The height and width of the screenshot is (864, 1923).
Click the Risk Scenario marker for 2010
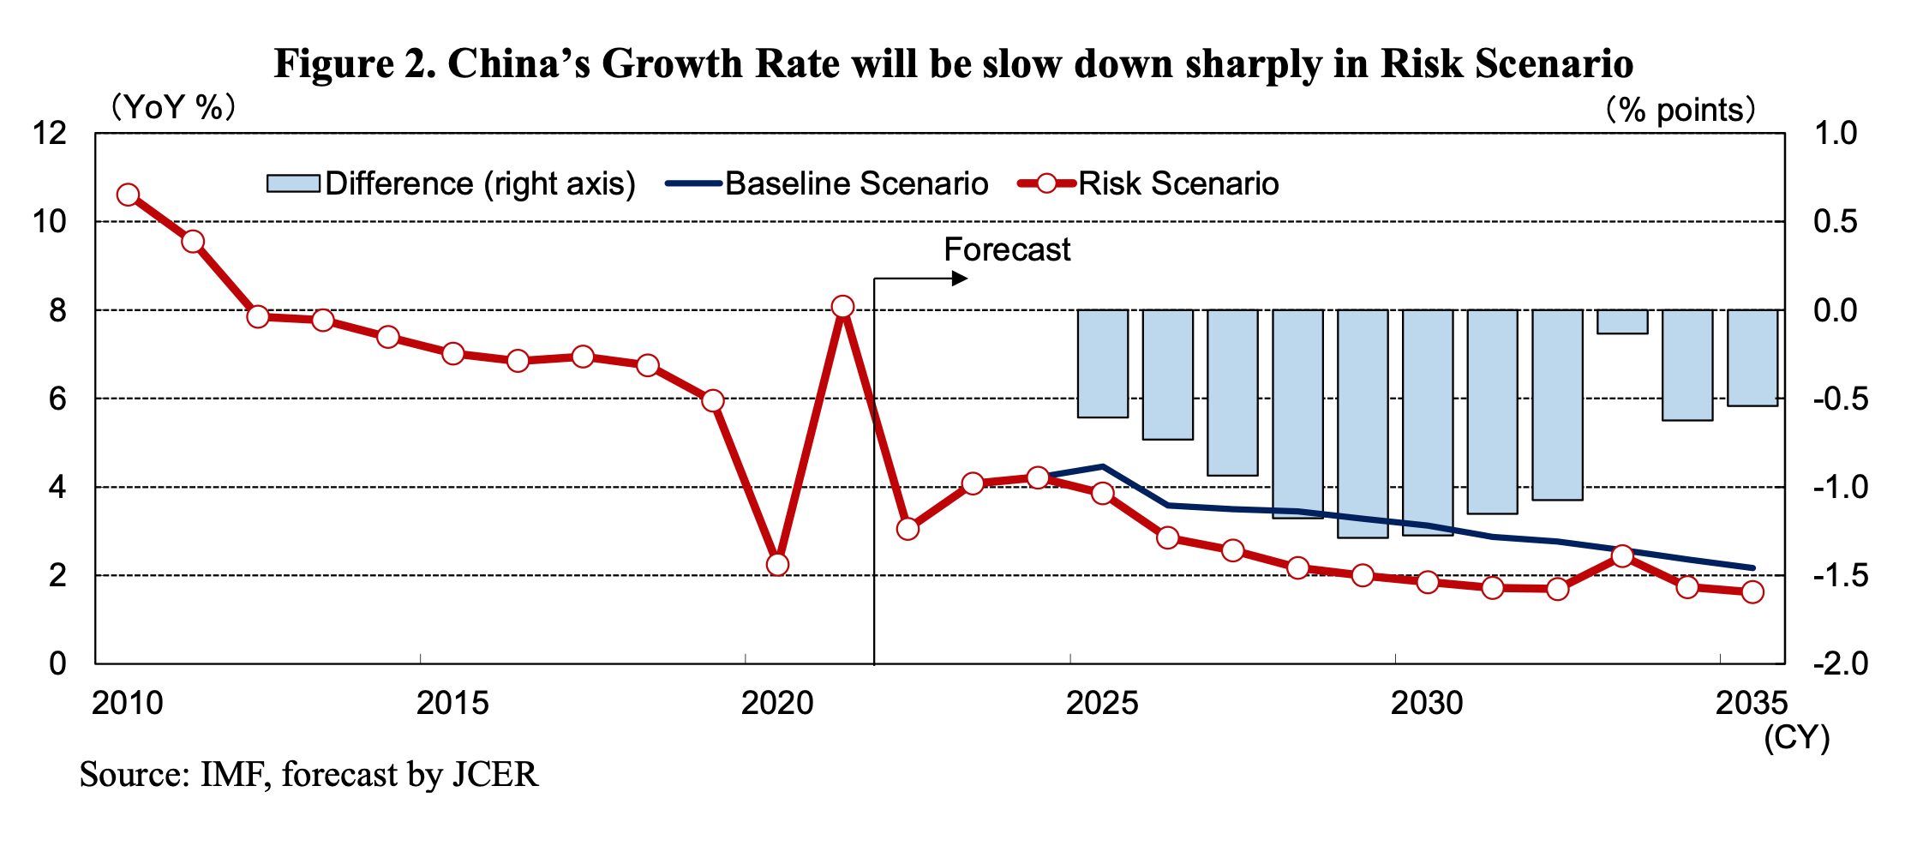click(x=129, y=195)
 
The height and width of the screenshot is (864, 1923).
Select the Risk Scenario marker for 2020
click(x=778, y=564)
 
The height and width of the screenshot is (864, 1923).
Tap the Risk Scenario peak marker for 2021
click(x=842, y=307)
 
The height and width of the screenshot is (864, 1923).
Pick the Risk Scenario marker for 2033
click(x=1622, y=556)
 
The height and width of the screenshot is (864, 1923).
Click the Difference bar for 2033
click(x=1622, y=321)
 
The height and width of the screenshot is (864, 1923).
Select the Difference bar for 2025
click(x=1103, y=363)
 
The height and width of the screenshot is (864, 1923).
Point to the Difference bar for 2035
click(x=1752, y=357)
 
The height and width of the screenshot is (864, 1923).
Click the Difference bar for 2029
click(x=1363, y=423)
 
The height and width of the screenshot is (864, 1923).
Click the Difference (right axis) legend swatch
click(x=292, y=183)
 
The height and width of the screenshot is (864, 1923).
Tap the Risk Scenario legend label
click(x=1178, y=183)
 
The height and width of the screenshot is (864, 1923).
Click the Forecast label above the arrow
click(x=1007, y=249)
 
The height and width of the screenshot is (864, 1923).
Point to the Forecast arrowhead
click(x=960, y=278)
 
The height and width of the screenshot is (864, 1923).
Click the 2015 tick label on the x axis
click(x=452, y=704)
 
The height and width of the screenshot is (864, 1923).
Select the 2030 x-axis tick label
click(x=1427, y=704)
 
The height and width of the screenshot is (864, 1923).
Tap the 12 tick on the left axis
click(x=49, y=133)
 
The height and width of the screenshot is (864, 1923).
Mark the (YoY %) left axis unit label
click(x=171, y=108)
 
